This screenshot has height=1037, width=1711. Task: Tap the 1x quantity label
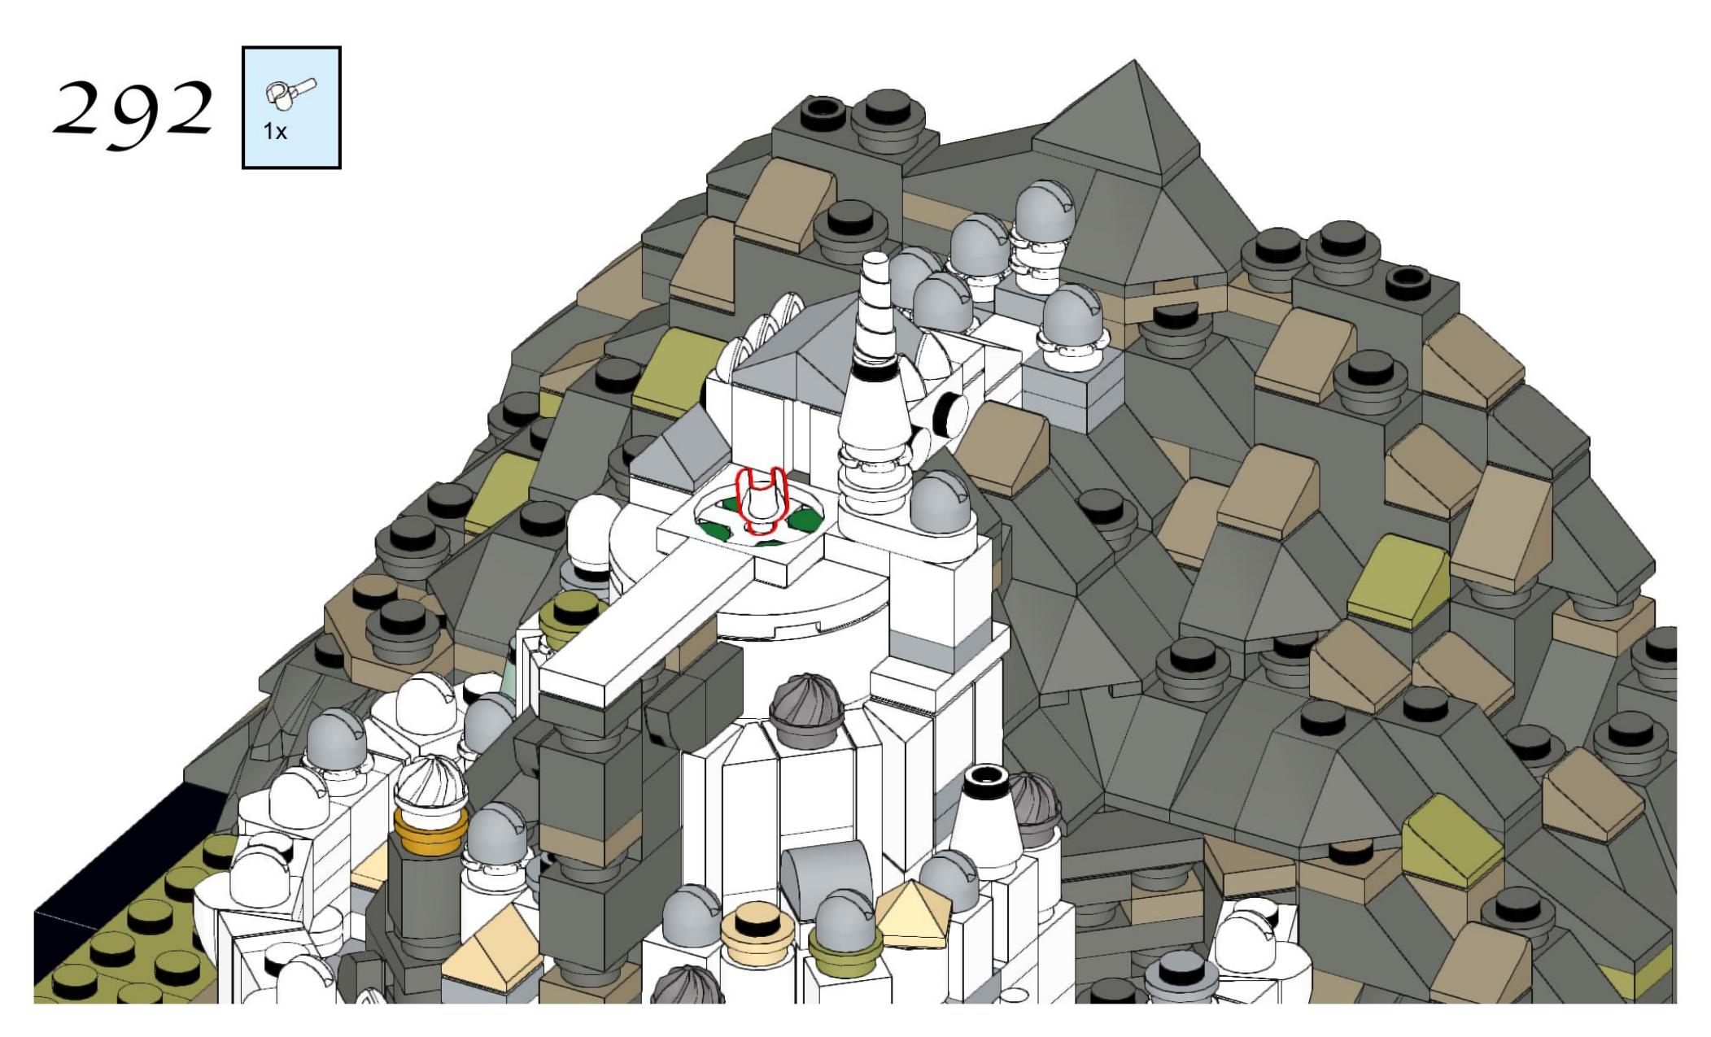275,131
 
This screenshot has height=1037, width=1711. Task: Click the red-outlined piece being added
760,500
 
